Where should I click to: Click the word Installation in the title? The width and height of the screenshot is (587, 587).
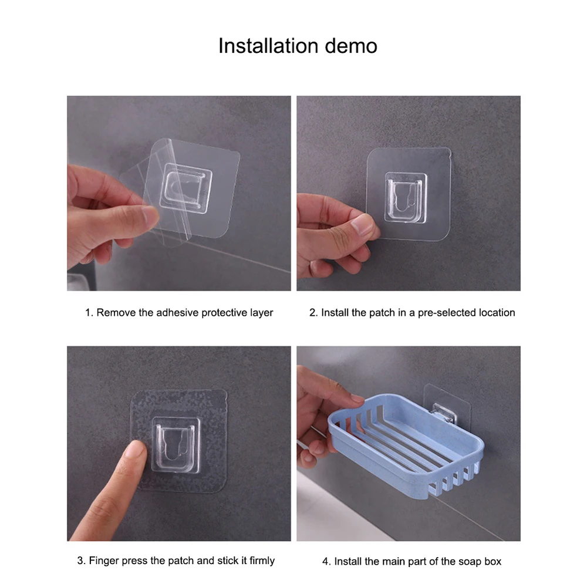(x=268, y=46)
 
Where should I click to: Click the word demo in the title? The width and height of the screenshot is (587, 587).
(x=351, y=46)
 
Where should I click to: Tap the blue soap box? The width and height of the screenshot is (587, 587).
(x=406, y=446)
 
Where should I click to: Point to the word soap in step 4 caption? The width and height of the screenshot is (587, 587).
(x=470, y=562)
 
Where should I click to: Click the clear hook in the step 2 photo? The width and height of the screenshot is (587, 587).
(x=406, y=198)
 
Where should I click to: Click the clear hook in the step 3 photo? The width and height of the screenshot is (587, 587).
(x=176, y=445)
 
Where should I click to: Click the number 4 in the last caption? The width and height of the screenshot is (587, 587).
(x=325, y=562)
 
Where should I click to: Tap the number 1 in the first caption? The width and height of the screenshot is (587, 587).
(x=87, y=313)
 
